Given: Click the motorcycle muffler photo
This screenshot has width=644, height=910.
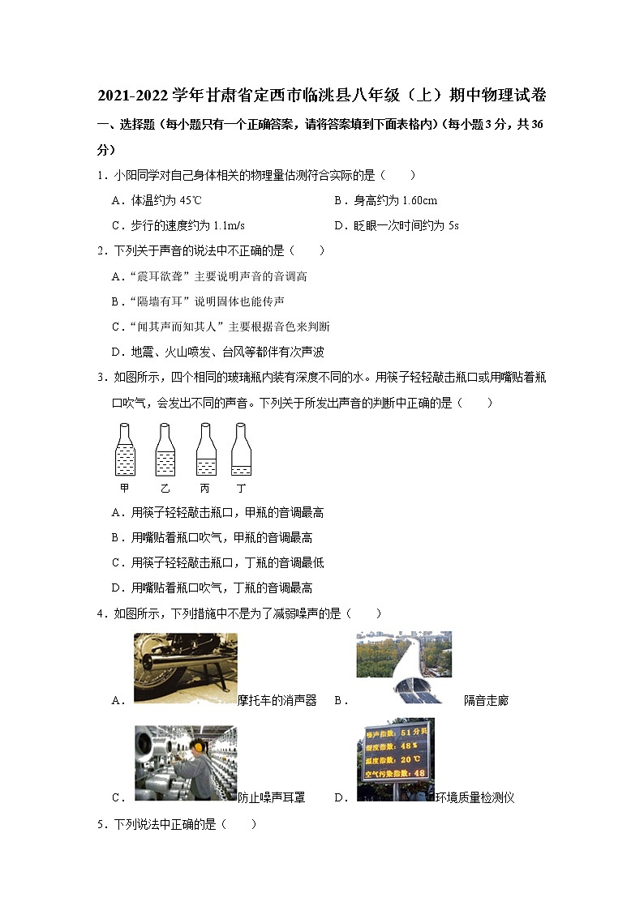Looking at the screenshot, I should pyautogui.click(x=186, y=667).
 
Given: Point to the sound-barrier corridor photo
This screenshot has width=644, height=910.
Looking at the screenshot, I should pyautogui.click(x=403, y=667).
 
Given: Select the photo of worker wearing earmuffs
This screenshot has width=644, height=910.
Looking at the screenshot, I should pyautogui.click(x=186, y=762).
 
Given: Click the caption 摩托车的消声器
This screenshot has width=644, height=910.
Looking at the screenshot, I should pyautogui.click(x=277, y=701).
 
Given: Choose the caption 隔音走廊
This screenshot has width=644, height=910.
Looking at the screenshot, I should pyautogui.click(x=486, y=701).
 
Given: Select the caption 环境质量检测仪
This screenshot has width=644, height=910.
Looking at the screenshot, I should pyautogui.click(x=475, y=798).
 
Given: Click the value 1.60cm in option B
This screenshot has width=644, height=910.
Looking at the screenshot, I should pyautogui.click(x=419, y=201).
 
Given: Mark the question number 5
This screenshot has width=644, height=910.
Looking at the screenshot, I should pyautogui.click(x=100, y=824).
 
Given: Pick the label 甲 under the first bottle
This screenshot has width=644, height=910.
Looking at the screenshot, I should pyautogui.click(x=124, y=489).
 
